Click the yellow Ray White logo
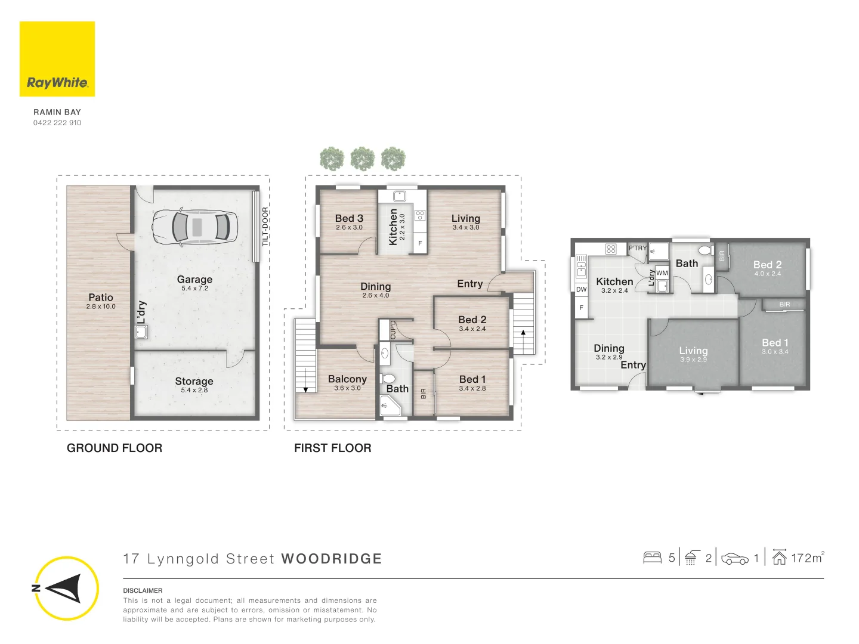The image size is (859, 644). pos(57,58)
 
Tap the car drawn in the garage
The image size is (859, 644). pos(194,227)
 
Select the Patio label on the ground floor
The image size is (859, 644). pos(101,297)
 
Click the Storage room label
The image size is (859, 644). pos(194,381)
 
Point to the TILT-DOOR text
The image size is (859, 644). pos(265,227)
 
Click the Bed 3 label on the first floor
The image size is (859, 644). pos(349,218)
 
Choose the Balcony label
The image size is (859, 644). pos(347,379)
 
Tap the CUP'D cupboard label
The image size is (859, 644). pos(393,330)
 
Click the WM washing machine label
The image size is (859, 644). pos(662,273)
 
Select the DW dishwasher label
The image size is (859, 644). pos(581,289)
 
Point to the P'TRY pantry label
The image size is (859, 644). pos(638,248)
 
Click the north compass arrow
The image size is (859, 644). pos(66,588)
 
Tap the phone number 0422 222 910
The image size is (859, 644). pos(57,123)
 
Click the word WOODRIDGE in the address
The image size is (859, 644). pos(332,559)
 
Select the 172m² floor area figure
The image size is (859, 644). pos(807,558)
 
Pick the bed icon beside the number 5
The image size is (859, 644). pos(652,558)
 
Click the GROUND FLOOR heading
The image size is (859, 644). pos(115,448)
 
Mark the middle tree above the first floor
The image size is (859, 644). pos(362,159)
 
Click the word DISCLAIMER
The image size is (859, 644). pos(143,590)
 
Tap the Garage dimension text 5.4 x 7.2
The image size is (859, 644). pos(194,288)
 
